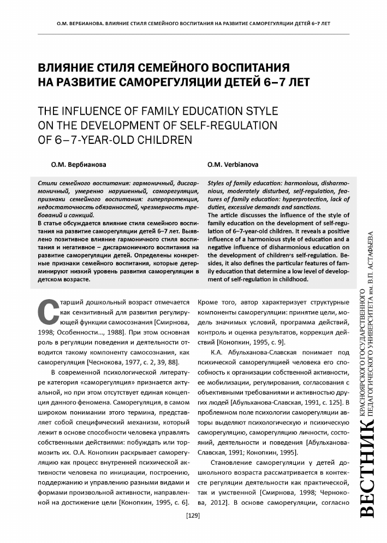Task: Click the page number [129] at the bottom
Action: coord(193,516)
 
